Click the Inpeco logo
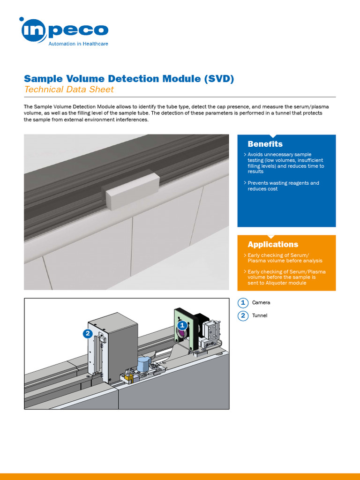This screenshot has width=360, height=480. (x=64, y=30)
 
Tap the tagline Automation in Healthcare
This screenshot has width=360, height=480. (x=79, y=44)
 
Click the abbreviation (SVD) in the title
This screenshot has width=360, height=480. (x=219, y=78)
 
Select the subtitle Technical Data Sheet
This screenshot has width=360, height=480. (x=69, y=90)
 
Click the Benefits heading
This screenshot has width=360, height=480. (x=265, y=144)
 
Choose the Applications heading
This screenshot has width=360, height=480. (x=273, y=244)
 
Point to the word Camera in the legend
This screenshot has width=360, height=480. (x=261, y=302)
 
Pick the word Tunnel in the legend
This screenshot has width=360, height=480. (x=260, y=315)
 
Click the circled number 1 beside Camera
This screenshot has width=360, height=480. (x=243, y=302)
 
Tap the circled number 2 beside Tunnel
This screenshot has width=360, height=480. (x=243, y=315)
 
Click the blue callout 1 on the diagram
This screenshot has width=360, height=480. (x=183, y=324)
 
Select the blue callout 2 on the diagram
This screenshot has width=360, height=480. (x=87, y=334)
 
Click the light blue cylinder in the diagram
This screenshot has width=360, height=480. (x=144, y=364)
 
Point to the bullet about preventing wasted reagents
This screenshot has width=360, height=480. (x=283, y=186)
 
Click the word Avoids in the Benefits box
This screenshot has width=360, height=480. (x=256, y=154)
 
